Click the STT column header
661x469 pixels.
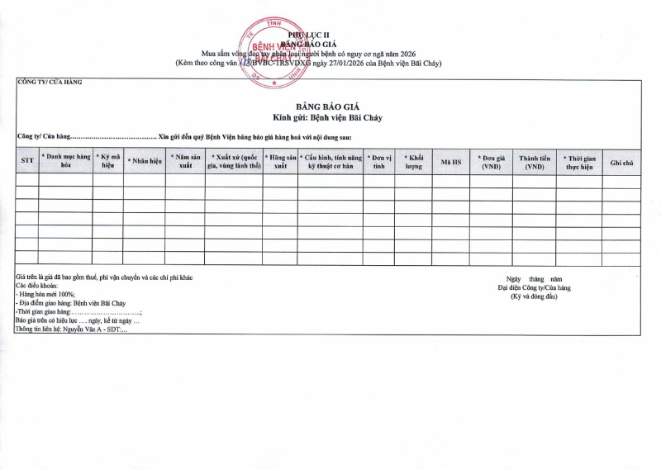[27, 160]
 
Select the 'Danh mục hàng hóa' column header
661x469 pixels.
[66, 160]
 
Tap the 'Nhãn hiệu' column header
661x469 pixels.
[144, 161]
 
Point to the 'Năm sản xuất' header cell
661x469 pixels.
[185, 160]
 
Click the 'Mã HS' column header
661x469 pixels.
[451, 161]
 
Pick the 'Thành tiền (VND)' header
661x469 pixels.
[534, 160]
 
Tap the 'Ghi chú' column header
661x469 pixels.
[621, 161]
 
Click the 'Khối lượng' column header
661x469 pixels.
[413, 160]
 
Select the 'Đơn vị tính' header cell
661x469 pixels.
[378, 160]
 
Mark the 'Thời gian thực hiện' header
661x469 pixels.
[579, 160]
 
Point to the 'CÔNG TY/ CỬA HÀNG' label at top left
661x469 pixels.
[50, 82]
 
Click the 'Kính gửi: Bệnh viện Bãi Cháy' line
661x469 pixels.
[328, 118]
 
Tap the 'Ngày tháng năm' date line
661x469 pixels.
[534, 279]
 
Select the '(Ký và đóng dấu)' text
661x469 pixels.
[534, 296]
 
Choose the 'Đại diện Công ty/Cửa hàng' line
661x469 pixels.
[534, 288]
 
